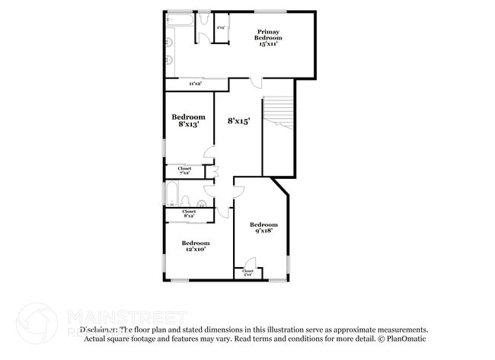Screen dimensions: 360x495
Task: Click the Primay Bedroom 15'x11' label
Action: click(267, 37)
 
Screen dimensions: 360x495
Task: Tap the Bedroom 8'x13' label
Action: click(188, 120)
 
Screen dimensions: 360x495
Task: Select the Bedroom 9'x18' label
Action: click(264, 228)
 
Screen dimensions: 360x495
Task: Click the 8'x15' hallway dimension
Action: click(239, 120)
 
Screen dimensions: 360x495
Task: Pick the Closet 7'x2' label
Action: click(184, 170)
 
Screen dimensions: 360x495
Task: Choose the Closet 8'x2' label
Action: click(189, 214)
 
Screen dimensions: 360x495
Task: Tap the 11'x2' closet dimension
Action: click(195, 83)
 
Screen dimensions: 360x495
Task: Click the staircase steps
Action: click(278, 114)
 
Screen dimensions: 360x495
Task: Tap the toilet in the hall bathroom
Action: click(200, 203)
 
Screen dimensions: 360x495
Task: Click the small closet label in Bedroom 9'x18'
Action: click(247, 272)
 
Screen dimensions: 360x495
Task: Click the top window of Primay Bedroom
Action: click(270, 11)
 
